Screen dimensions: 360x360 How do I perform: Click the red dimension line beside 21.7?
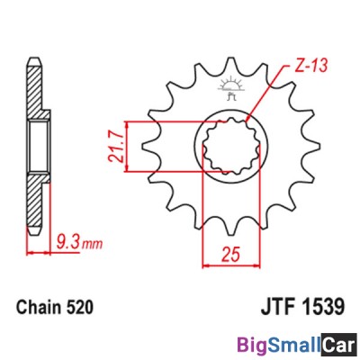pyautogui.click(x=131, y=144)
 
